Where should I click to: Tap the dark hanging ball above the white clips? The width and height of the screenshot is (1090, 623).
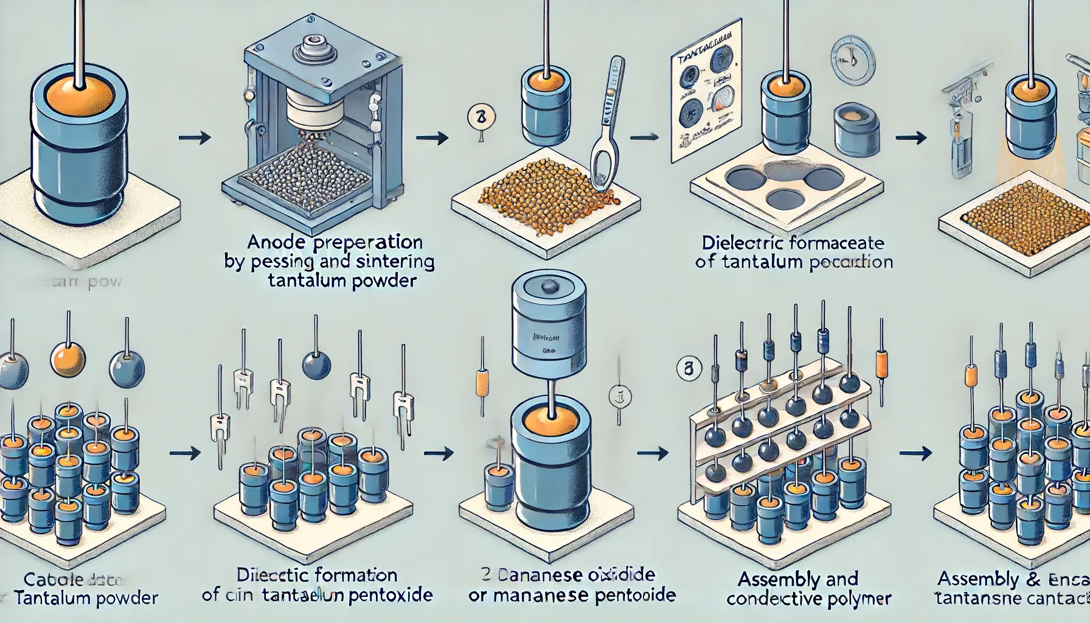tap(316, 364)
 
